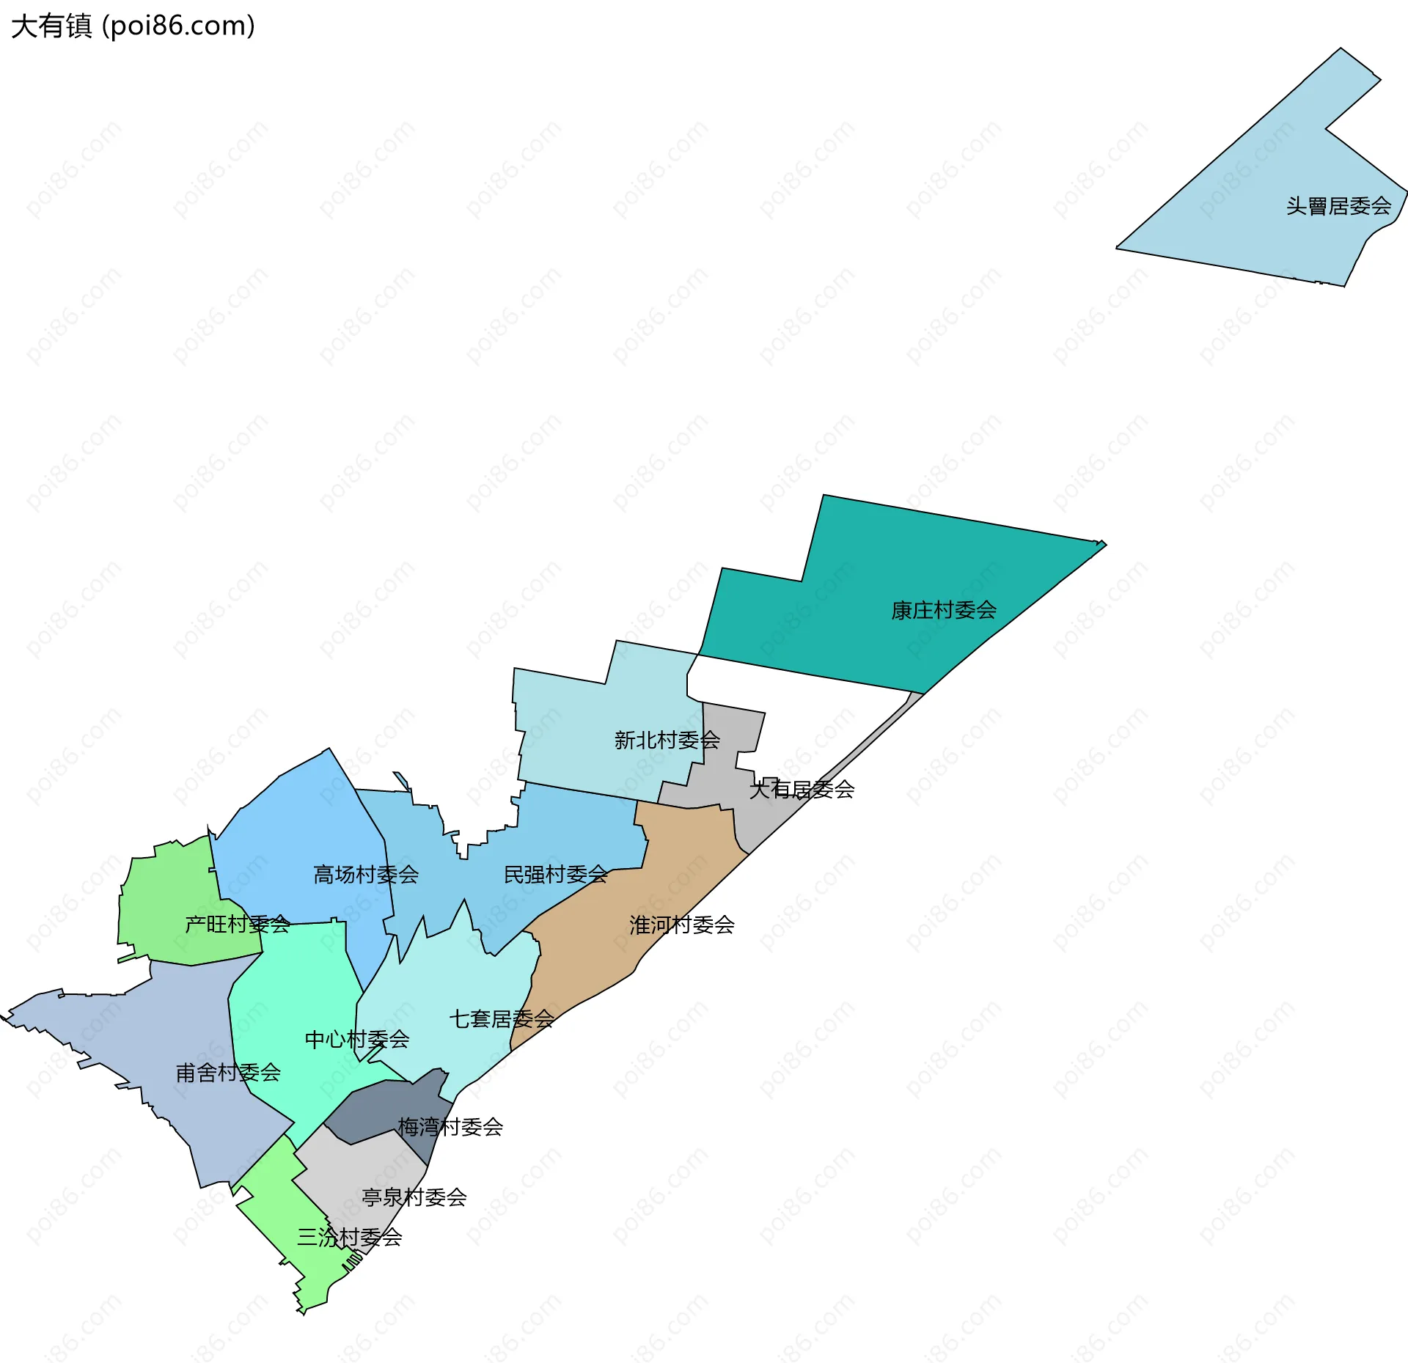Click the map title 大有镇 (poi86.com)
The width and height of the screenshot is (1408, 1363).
[x=133, y=26]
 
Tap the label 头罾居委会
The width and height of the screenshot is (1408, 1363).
[x=1338, y=206]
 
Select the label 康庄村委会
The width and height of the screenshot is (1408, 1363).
[x=943, y=610]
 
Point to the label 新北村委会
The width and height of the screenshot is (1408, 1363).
[x=667, y=740]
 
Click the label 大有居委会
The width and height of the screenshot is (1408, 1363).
[x=802, y=790]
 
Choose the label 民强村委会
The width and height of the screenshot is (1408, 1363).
[x=556, y=874]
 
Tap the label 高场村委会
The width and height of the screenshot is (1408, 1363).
[x=366, y=874]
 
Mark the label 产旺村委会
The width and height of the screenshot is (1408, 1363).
[x=237, y=924]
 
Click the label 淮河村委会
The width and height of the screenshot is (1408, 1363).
[x=681, y=925]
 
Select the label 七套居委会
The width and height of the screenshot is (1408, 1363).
[x=501, y=1018]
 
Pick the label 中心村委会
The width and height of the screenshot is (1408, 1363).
[x=356, y=1039]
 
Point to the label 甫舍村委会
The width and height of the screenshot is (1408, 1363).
[x=228, y=1073]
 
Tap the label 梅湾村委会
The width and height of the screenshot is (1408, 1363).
[x=450, y=1126]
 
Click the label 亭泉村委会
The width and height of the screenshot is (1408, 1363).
[x=414, y=1197]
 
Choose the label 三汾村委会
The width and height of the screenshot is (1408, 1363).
[x=349, y=1237]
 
